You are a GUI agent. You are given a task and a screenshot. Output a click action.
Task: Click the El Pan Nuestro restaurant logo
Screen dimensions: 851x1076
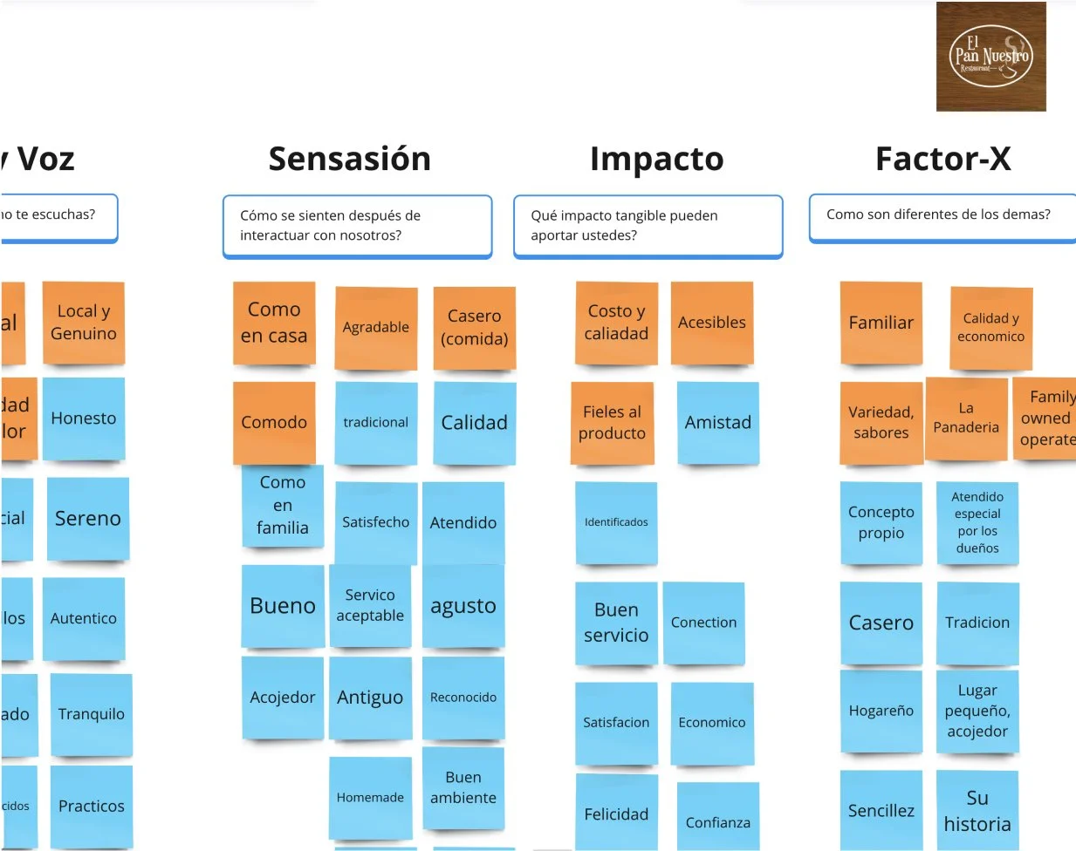click(990, 57)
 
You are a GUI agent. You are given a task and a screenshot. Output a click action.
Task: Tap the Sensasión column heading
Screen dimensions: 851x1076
click(349, 159)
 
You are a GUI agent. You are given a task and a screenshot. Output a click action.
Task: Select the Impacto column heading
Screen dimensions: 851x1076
click(656, 159)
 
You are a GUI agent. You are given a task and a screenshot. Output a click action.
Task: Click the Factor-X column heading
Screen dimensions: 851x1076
click(942, 159)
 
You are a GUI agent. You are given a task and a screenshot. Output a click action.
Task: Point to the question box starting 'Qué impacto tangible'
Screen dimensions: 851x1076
click(648, 226)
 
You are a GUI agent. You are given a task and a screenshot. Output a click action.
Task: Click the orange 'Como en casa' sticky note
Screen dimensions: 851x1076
click(274, 323)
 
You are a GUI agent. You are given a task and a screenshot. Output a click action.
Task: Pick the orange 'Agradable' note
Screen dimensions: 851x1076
click(376, 328)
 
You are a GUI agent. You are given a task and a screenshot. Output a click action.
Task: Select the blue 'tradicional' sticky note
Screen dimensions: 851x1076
click(376, 423)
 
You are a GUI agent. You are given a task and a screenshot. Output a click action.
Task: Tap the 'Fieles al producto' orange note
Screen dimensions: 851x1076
click(613, 423)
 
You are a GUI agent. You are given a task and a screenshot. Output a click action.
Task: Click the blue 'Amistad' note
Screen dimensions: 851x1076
click(717, 423)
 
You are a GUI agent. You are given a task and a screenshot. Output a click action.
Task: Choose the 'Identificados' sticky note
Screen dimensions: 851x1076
click(616, 522)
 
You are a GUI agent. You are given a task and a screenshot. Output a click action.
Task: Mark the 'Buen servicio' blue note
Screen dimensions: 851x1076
click(616, 623)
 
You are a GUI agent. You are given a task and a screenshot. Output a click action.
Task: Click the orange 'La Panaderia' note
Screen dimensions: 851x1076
click(966, 419)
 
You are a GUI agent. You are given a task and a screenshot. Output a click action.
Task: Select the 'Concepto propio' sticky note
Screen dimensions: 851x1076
click(881, 522)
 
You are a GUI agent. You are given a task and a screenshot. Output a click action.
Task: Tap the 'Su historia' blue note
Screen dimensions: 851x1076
click(977, 810)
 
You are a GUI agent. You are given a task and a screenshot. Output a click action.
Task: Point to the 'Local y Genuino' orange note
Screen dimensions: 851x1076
click(84, 323)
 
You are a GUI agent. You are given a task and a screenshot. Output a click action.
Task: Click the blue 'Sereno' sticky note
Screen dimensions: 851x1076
click(87, 519)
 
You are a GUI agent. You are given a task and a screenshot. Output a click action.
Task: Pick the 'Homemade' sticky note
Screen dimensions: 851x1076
click(370, 797)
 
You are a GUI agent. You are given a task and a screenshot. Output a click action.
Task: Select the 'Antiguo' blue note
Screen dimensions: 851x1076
click(370, 698)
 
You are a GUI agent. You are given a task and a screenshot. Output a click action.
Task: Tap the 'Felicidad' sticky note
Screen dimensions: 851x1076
click(616, 814)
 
